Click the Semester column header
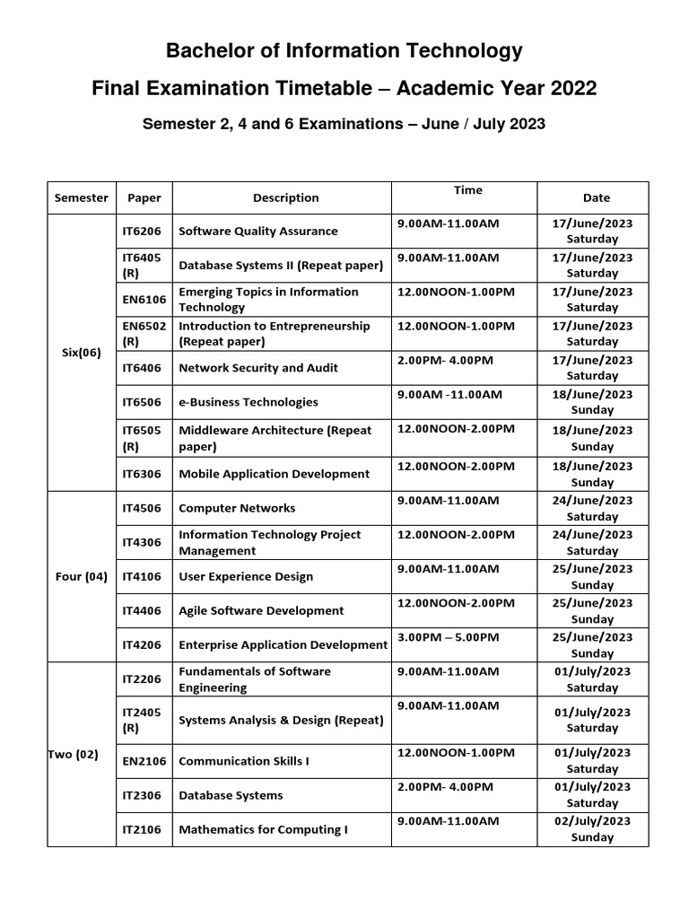pyautogui.click(x=81, y=197)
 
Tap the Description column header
pyautogui.click(x=285, y=197)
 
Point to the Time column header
pyautogui.click(x=467, y=190)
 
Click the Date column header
pyautogui.click(x=596, y=197)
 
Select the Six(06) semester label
pyautogui.click(x=81, y=353)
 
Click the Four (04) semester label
pyautogui.click(x=81, y=576)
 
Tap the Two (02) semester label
pyautogui.click(x=73, y=754)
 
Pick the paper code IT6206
pyautogui.click(x=142, y=231)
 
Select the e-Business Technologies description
pyautogui.click(x=249, y=402)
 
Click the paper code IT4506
pyautogui.click(x=142, y=508)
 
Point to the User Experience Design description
pyautogui.click(x=246, y=576)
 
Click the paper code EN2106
pyautogui.click(x=142, y=761)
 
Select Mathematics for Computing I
pyautogui.click(x=263, y=829)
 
